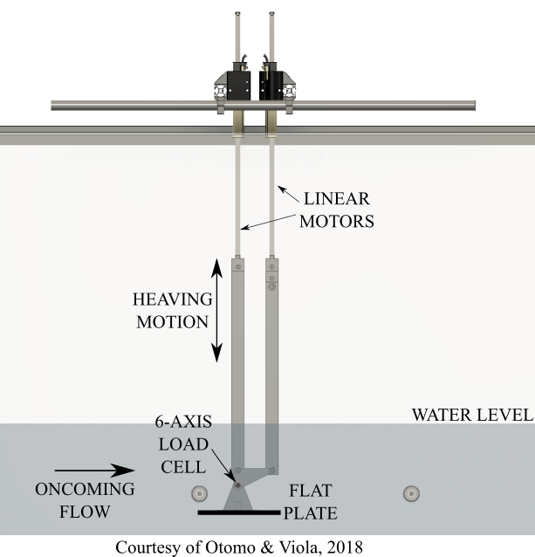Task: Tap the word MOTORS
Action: coord(337,221)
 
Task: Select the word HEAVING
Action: coord(172,299)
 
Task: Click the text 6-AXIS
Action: coord(185,423)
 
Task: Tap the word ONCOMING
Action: coord(85,489)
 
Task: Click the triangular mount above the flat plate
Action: coord(238,499)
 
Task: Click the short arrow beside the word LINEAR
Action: coord(287,191)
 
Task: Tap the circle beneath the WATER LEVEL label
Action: coord(411,494)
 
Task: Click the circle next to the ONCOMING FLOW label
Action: coord(200,494)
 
